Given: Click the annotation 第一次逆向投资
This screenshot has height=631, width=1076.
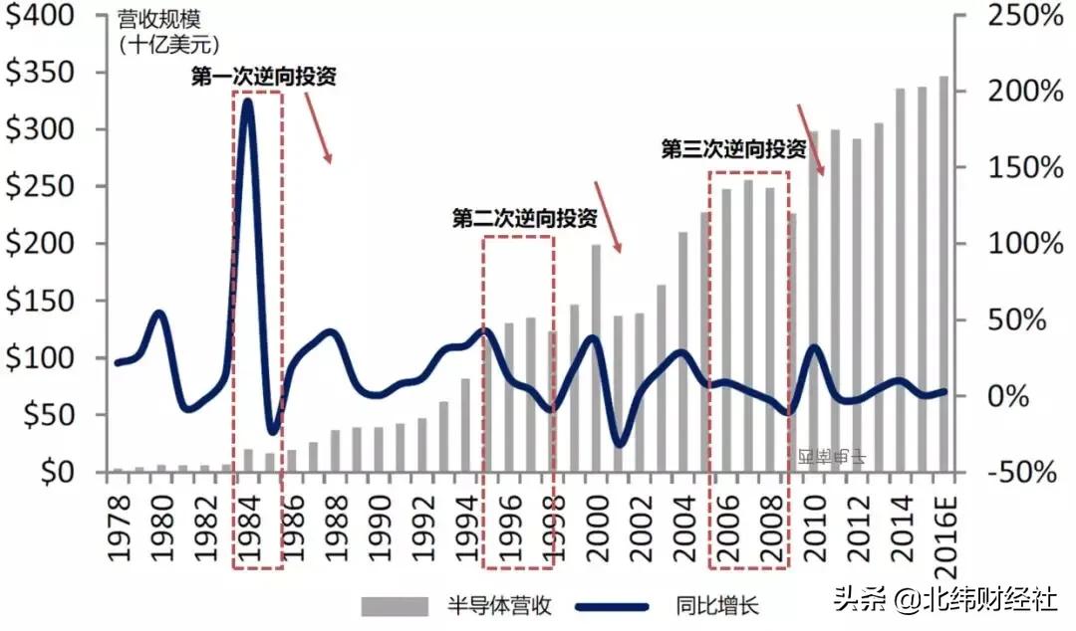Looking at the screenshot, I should click(x=263, y=78).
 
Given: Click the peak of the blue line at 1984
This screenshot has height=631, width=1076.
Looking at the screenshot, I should click(x=248, y=103).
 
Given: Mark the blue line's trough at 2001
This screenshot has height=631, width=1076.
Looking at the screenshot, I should click(x=619, y=443).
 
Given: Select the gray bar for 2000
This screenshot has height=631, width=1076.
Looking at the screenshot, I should click(x=597, y=358).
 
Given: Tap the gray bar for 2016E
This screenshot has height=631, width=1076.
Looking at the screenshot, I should click(x=943, y=274).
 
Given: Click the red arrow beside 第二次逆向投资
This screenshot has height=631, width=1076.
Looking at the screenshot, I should click(x=608, y=216).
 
